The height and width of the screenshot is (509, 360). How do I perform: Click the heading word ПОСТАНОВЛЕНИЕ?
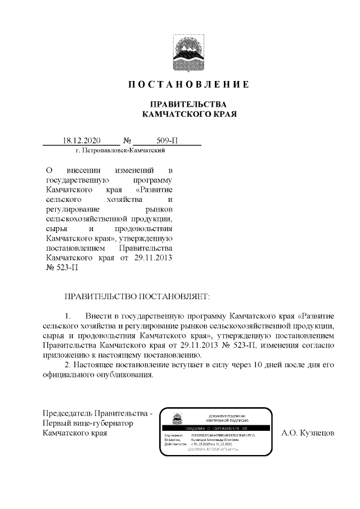click(188, 85)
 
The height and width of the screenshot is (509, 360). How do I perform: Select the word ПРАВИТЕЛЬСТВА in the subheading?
click(188, 105)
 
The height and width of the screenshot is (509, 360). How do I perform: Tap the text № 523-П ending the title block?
click(61, 268)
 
